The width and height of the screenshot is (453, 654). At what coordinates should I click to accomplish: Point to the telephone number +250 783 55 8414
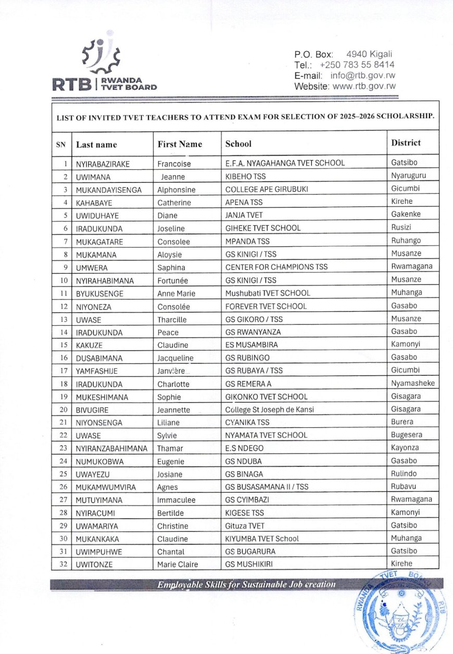(357, 65)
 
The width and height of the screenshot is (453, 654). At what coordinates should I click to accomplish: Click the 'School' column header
(238, 144)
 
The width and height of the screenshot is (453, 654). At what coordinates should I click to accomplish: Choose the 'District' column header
(406, 143)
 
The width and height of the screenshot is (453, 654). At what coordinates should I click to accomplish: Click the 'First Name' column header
(180, 144)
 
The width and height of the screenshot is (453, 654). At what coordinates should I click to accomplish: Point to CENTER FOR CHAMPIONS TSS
(276, 267)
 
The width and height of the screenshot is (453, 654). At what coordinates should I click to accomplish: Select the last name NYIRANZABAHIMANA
(111, 448)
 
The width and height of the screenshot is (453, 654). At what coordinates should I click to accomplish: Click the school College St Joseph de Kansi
(269, 410)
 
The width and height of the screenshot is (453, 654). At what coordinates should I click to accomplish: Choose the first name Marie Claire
(178, 564)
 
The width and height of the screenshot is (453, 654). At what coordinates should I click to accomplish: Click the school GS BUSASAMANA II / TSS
(266, 487)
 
